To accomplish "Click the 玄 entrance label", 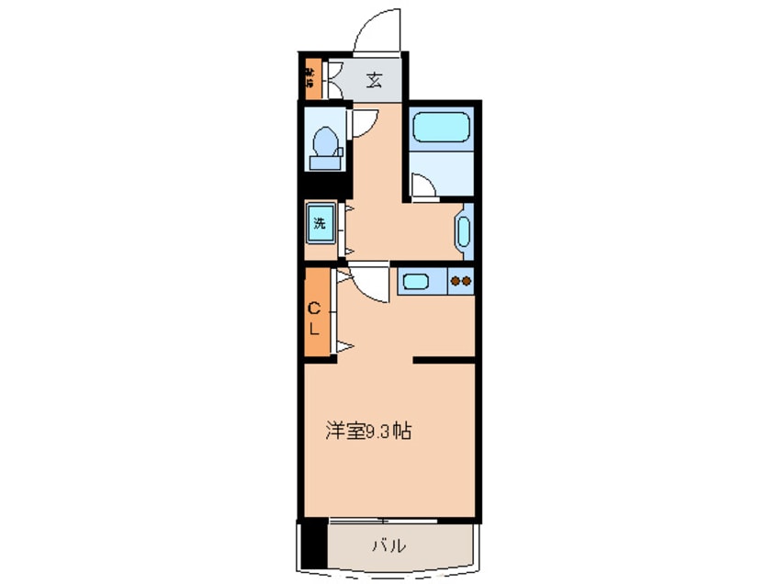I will point(373,80).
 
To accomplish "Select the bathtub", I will point(441,127).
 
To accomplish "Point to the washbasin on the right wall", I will point(463,230).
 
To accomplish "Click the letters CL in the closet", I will point(314,317).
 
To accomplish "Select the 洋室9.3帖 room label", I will point(366,431).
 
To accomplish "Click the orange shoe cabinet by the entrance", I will point(310,79).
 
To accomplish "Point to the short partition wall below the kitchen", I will point(444,361).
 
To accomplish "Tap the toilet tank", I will point(323,163).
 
